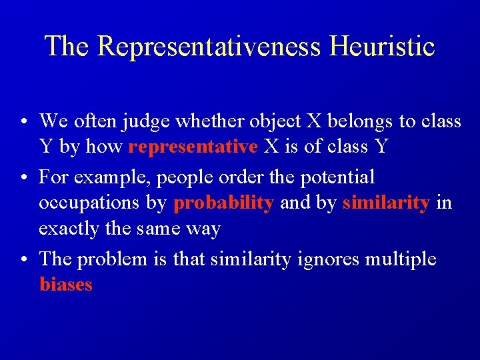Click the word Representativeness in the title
(209, 47)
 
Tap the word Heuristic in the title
(381, 47)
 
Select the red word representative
(193, 147)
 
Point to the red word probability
(223, 203)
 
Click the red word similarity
(386, 203)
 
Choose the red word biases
(66, 285)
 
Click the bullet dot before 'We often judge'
(23, 122)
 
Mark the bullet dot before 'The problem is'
(23, 259)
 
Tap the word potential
(339, 178)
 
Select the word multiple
(399, 259)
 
